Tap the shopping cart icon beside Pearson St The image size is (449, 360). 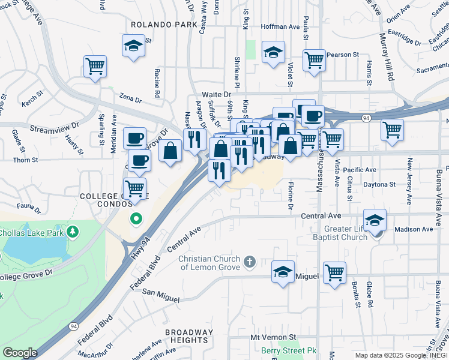[314, 60]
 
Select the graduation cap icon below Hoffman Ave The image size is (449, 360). [273, 52]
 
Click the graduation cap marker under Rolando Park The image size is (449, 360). [133, 46]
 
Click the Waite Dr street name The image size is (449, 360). [216, 95]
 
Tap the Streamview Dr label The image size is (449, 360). [54, 127]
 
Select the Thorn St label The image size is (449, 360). [26, 160]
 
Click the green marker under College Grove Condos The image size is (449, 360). [136, 219]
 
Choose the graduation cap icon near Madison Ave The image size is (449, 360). [375, 220]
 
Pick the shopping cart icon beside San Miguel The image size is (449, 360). [334, 272]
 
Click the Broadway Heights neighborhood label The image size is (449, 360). [190, 336]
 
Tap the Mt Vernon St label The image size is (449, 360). [274, 338]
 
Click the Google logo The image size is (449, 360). [20, 353]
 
